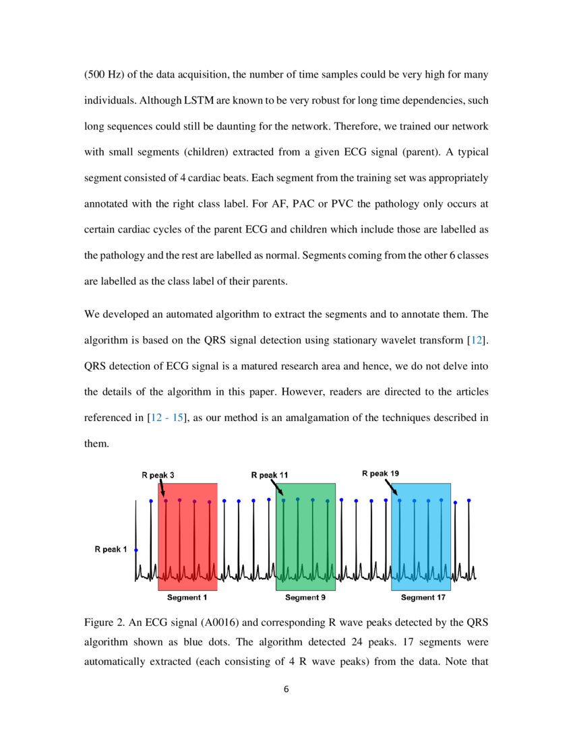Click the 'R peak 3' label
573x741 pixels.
[158, 476]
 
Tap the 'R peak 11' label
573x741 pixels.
[270, 476]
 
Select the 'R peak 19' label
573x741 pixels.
[380, 473]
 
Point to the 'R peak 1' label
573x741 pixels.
[111, 550]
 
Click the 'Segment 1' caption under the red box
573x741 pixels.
[187, 598]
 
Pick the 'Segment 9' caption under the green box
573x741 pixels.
[305, 598]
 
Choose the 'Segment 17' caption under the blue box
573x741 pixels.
[423, 598]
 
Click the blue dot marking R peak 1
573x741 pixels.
[136, 550]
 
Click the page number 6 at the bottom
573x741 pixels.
[286, 689]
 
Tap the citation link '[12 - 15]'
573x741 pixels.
[166, 418]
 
